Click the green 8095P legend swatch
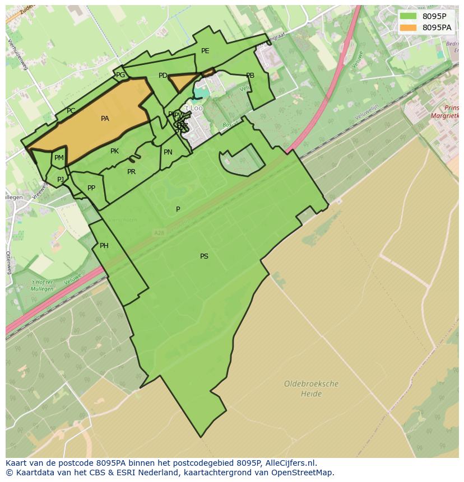click(x=409, y=16)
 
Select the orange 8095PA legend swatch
click(x=409, y=27)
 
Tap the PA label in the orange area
click(x=105, y=119)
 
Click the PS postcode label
click(x=204, y=256)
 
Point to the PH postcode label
click(x=104, y=246)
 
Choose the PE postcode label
click(x=205, y=51)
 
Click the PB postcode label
click(x=250, y=76)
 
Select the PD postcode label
click(x=163, y=76)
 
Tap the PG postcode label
click(x=120, y=75)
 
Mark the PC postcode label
click(x=71, y=111)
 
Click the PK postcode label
click(x=114, y=151)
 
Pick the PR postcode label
click(x=131, y=172)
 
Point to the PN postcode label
click(x=168, y=152)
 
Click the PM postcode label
click(x=59, y=158)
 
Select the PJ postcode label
click(x=61, y=180)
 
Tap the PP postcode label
click(x=91, y=188)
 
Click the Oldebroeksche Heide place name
click(x=311, y=389)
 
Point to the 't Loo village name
click(x=193, y=108)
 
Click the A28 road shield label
click(x=159, y=232)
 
